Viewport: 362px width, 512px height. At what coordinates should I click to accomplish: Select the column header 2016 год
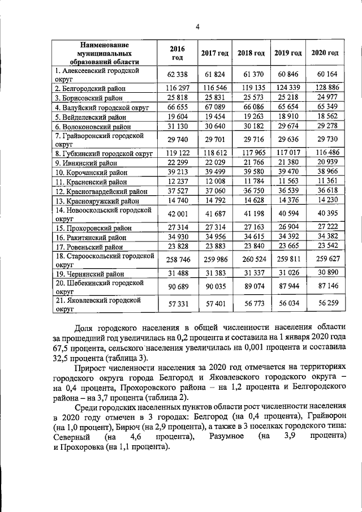(178, 53)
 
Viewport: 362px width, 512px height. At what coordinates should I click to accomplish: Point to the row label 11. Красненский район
(90, 182)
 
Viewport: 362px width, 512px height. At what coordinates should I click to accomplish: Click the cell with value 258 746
(178, 260)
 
